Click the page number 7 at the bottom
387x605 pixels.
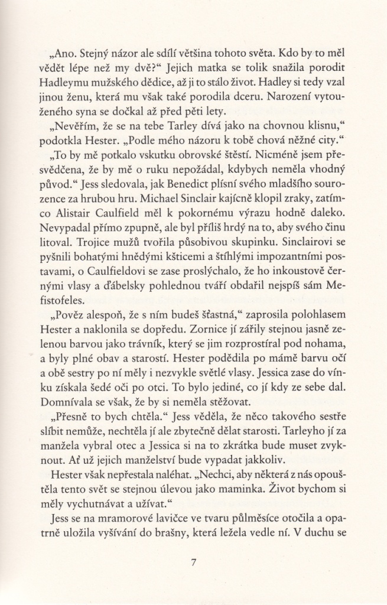[193, 562]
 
